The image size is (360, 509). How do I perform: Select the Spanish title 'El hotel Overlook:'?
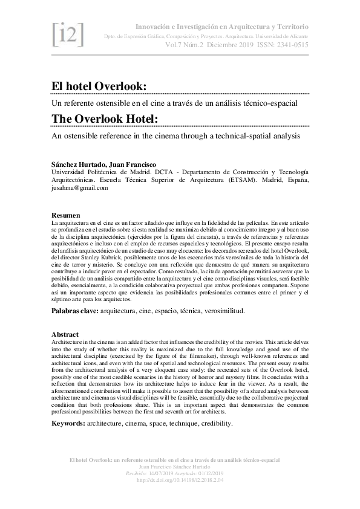click(99, 86)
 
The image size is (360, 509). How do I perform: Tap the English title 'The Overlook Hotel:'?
click(105, 119)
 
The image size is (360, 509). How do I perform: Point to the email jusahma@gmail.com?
click(79, 187)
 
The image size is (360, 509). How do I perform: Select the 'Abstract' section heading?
click(65, 335)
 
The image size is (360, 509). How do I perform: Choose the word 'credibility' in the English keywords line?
click(212, 424)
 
